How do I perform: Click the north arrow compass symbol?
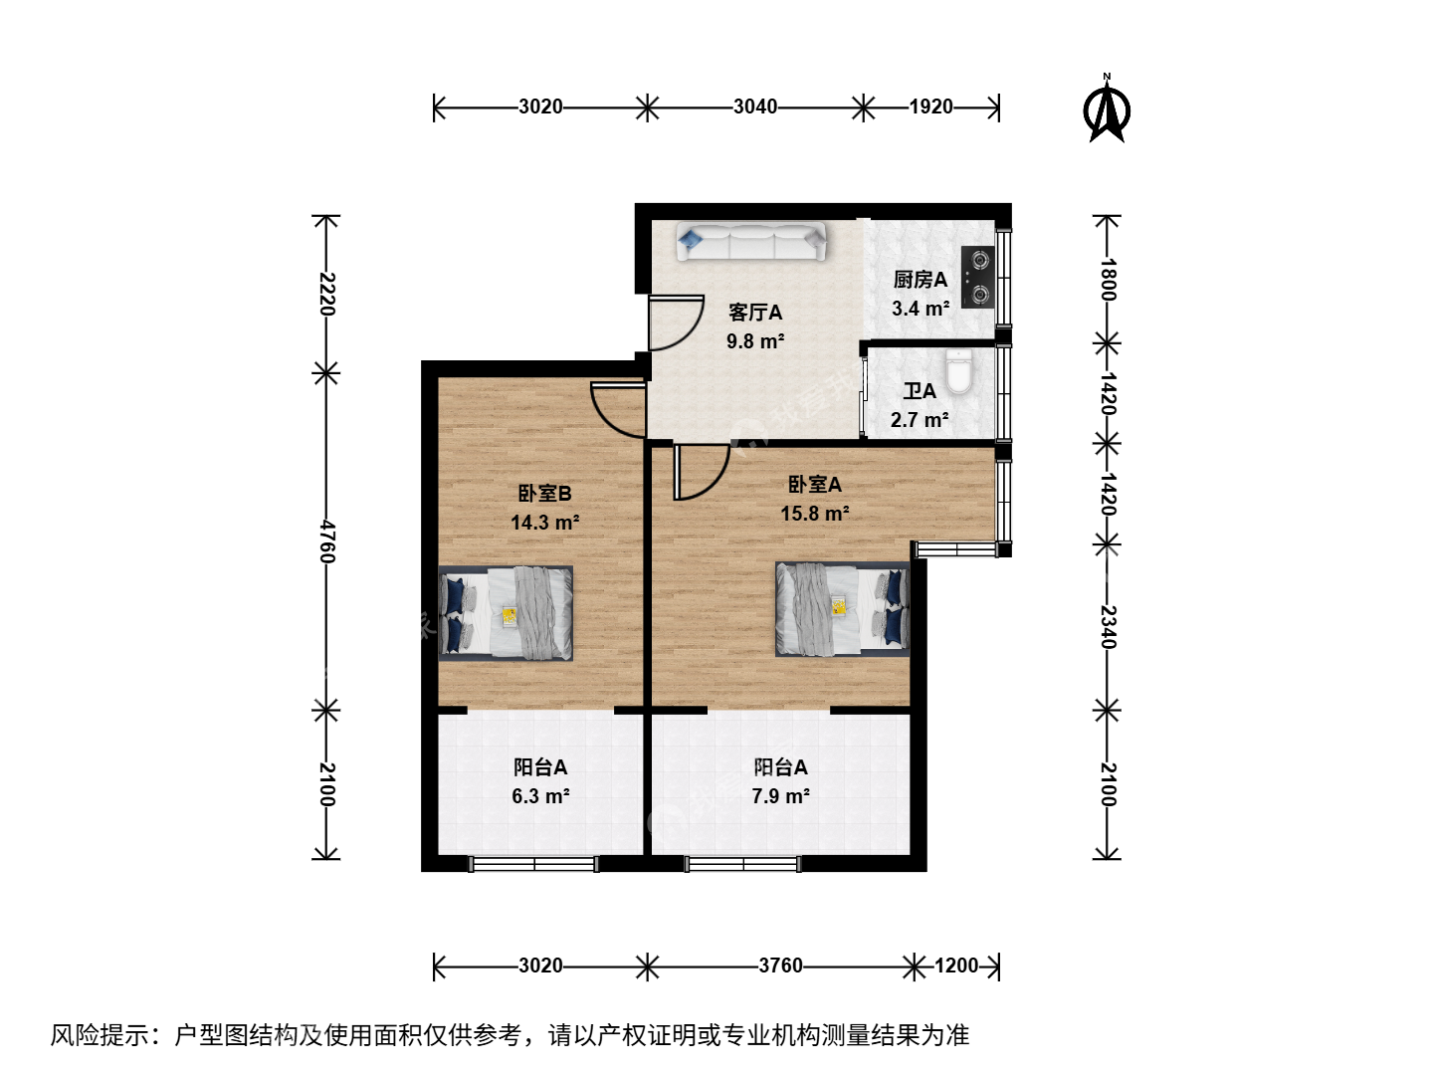pyautogui.click(x=1107, y=109)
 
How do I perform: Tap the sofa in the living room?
pyautogui.click(x=750, y=242)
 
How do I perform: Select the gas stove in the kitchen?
pyautogui.click(x=978, y=278)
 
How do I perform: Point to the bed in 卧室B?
pyautogui.click(x=506, y=613)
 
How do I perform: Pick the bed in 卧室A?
pyautogui.click(x=842, y=609)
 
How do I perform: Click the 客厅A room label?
pyautogui.click(x=755, y=313)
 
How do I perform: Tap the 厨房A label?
pyautogui.click(x=920, y=280)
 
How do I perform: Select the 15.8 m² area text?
pyautogui.click(x=815, y=513)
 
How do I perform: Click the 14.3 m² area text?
pyautogui.click(x=545, y=523)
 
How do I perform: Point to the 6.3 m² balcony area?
pyautogui.click(x=540, y=795)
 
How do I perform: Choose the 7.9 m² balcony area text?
pyautogui.click(x=781, y=795)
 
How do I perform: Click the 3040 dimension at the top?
pyautogui.click(x=755, y=107)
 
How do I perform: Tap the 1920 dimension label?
pyautogui.click(x=931, y=107)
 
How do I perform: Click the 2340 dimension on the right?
pyautogui.click(x=1108, y=627)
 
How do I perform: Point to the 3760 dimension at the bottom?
pyautogui.click(x=780, y=966)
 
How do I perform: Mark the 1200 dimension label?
pyautogui.click(x=956, y=966)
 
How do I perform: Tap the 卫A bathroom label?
pyautogui.click(x=920, y=391)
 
